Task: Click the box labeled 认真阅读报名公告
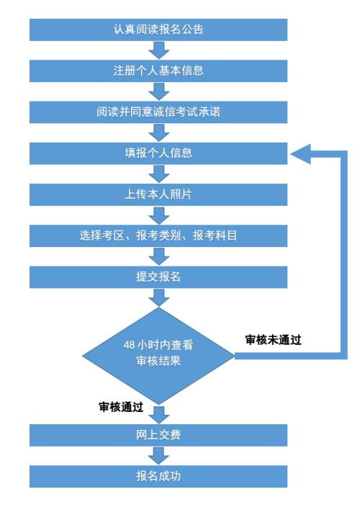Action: tap(158, 30)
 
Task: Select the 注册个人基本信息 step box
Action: tap(158, 71)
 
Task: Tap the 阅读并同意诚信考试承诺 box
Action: tap(158, 112)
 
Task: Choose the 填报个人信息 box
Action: tap(158, 153)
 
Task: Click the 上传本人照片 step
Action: tap(158, 194)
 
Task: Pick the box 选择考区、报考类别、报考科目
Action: tap(158, 236)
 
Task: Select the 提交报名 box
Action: tap(158, 277)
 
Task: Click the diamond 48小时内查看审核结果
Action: tap(158, 353)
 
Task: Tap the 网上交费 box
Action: tap(158, 435)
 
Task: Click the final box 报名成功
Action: tap(158, 476)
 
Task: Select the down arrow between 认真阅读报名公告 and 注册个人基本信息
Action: tap(158, 50)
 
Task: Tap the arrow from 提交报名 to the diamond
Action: tap(158, 297)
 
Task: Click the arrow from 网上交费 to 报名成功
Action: tap(158, 456)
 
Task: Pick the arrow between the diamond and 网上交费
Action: tap(158, 414)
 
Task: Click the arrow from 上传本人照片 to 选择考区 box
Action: tap(158, 215)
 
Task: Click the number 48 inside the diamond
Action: tap(129, 345)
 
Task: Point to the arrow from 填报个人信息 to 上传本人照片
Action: tap(158, 174)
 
